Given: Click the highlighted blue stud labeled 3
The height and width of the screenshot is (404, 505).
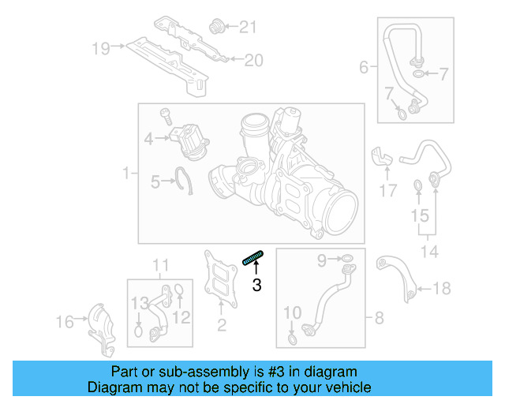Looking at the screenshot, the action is point(253,257).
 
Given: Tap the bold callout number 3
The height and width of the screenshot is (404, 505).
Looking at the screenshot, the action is point(256,285).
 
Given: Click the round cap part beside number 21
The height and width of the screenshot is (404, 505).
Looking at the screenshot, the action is point(214,28).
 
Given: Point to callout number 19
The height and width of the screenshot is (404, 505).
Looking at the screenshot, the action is point(100,49).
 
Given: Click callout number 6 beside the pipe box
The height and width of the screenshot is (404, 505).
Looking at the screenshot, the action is point(364,68).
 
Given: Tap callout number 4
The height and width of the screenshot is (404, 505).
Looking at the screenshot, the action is point(148,140).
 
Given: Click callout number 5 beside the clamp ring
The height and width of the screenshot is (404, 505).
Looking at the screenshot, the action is point(155,182).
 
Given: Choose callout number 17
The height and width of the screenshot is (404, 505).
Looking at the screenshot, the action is point(387,190).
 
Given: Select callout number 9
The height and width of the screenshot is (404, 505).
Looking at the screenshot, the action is point(321,258).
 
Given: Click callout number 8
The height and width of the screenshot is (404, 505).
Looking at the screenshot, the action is point(379,318).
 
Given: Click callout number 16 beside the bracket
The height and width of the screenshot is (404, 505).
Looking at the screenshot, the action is point(65,321).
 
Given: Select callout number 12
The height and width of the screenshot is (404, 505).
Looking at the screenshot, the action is point(182,317).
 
